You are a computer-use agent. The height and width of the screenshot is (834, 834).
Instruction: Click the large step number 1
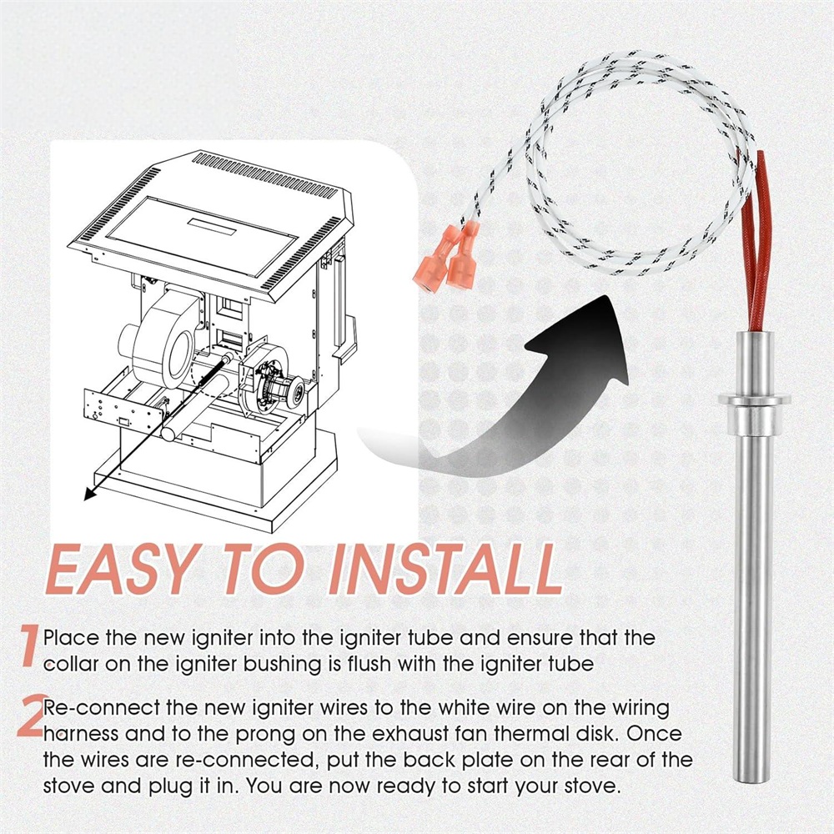[30, 646]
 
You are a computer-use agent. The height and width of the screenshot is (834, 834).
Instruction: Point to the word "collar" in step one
[70, 664]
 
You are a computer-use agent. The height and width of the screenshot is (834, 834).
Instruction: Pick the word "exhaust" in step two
[407, 735]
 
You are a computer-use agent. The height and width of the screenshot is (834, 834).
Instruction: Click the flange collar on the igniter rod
[754, 400]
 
